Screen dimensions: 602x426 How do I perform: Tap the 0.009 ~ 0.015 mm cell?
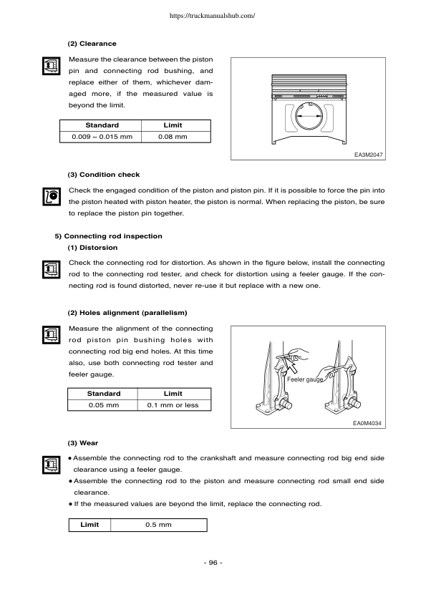[102, 137]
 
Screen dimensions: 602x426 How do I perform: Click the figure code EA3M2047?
[368, 154]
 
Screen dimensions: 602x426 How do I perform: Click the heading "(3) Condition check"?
[103, 174]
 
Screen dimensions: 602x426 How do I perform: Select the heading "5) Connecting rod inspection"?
[108, 236]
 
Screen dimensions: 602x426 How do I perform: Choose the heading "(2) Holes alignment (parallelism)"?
[127, 312]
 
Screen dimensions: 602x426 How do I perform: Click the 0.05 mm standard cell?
[103, 405]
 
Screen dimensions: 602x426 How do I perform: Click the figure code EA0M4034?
[368, 423]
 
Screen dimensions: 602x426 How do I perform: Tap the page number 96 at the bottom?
[213, 563]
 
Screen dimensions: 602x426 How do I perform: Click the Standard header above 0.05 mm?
[103, 394]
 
